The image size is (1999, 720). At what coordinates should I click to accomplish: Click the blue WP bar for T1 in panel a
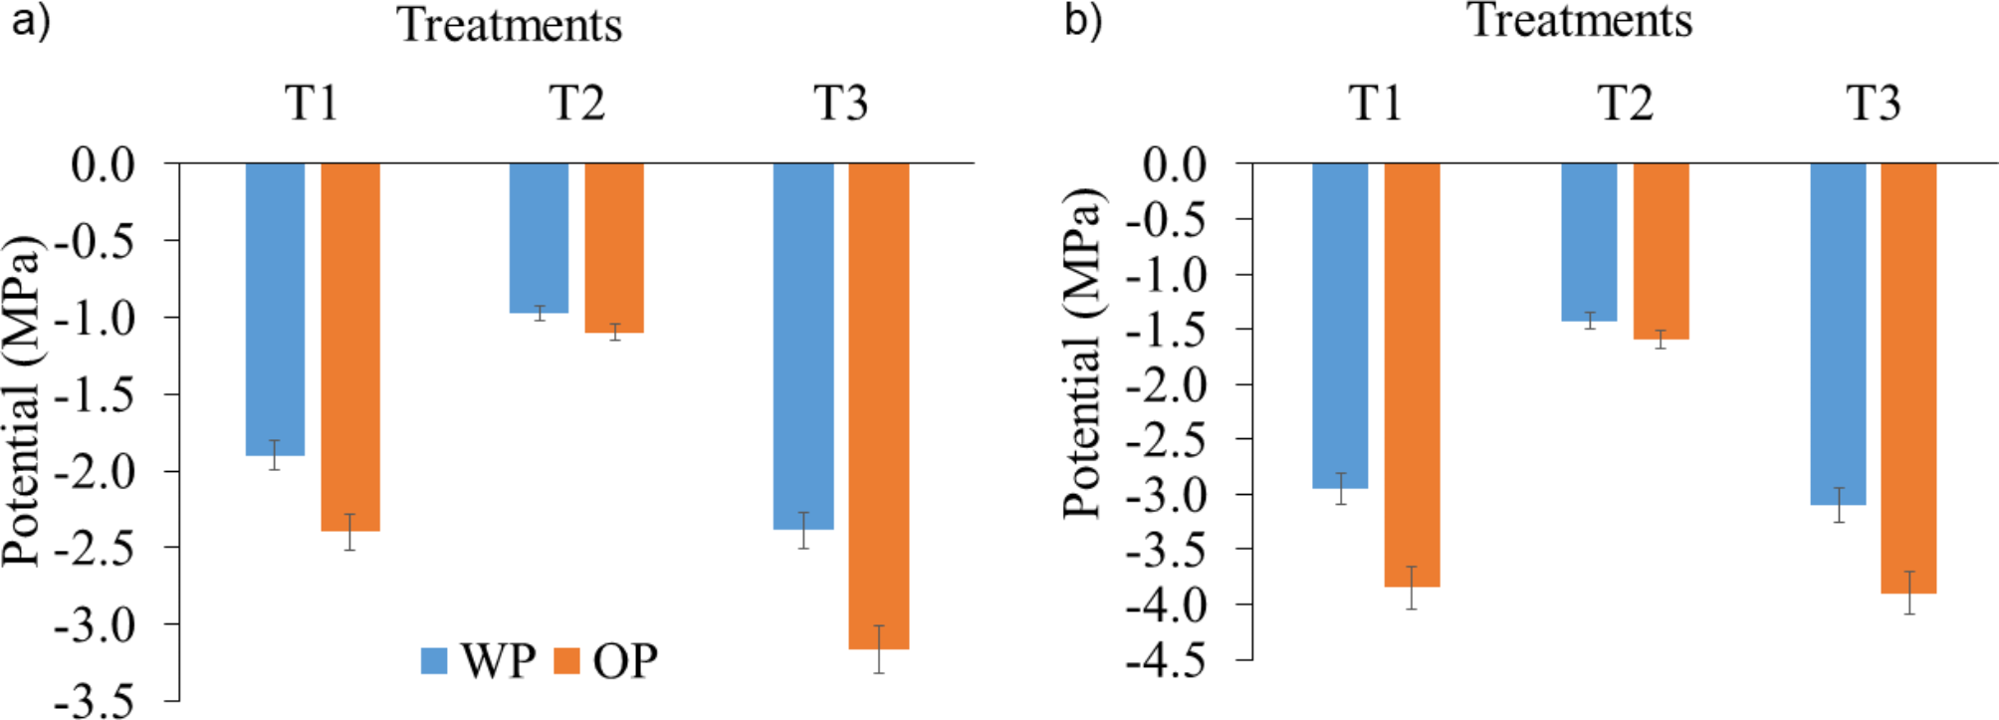point(275,309)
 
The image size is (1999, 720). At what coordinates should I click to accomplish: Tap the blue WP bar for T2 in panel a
point(539,238)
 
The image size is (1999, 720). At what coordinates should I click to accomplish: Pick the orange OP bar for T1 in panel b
point(1412,374)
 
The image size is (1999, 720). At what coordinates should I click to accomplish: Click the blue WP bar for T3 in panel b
point(1838,334)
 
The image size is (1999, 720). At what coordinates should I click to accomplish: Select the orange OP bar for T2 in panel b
point(1661,251)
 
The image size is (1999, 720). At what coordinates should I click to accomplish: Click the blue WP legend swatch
point(434,661)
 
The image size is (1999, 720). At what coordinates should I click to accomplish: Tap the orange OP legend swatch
point(566,661)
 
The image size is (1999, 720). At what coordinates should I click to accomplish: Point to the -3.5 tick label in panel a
point(95,701)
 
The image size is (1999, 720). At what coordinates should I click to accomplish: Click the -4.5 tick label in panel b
point(1166,660)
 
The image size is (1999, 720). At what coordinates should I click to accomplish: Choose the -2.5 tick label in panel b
point(1166,440)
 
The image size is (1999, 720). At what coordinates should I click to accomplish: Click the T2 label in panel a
point(576,104)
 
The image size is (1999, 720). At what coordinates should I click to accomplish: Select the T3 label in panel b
point(1874,104)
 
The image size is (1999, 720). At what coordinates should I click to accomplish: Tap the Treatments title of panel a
point(510,25)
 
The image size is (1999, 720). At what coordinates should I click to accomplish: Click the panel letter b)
point(1083,20)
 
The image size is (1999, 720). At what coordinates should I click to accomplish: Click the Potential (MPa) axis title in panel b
point(1084,354)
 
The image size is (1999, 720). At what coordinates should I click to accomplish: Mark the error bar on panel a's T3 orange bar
point(878,649)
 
